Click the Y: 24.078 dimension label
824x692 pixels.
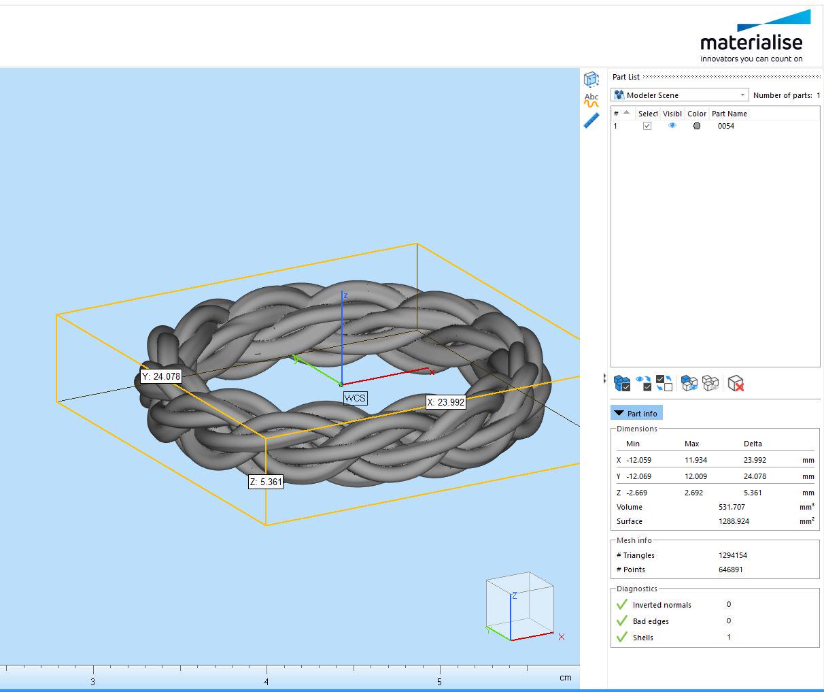(161, 376)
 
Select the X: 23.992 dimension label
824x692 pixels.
(446, 402)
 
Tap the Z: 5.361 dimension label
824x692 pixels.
(266, 482)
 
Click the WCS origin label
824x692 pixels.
(355, 398)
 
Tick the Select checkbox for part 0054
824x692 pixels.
(647, 126)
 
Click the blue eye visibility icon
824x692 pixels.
(672, 126)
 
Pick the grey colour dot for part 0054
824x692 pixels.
(697, 126)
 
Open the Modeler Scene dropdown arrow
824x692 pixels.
(742, 95)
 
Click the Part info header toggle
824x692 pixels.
(636, 413)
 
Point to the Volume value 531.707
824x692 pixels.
(732, 507)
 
